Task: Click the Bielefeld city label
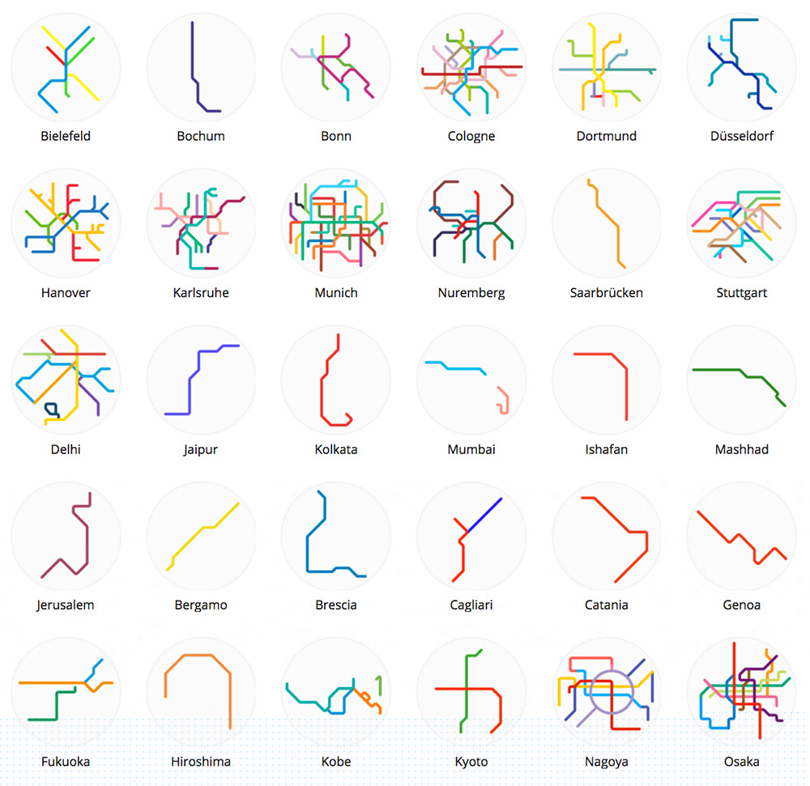(x=66, y=136)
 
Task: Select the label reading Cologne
(x=471, y=136)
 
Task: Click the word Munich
(x=336, y=292)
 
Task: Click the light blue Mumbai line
(x=455, y=368)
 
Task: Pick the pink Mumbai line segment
(x=504, y=400)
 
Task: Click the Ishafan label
(x=607, y=449)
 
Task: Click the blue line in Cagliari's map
(x=484, y=515)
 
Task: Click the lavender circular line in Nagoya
(x=612, y=692)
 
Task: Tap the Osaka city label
(x=741, y=762)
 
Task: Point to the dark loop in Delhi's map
(x=52, y=410)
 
